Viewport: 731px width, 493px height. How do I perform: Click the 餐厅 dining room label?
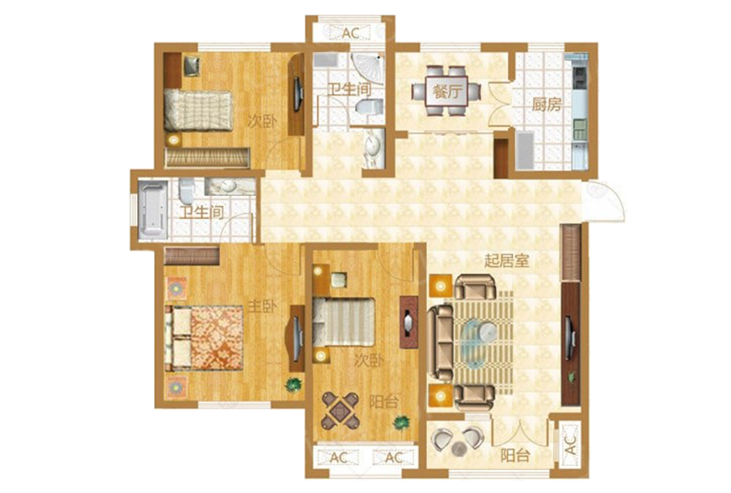tap(447, 91)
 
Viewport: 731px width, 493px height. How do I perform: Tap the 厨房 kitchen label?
tap(546, 104)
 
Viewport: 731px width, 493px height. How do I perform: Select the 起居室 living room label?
tap(506, 260)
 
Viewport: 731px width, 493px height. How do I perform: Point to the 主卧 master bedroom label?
tap(262, 307)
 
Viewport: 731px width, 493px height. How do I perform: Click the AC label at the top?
tap(350, 33)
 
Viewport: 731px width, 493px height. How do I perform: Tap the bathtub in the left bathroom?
tap(153, 210)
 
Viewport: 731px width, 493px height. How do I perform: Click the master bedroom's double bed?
tap(203, 338)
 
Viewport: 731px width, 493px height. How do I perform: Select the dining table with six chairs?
tap(446, 91)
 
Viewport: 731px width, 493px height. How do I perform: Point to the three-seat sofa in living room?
tap(440, 341)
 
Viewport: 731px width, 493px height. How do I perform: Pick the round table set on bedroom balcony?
tap(341, 410)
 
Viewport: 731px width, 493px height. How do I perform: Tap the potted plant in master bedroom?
tap(293, 384)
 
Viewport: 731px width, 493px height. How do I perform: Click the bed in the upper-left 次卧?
tap(198, 111)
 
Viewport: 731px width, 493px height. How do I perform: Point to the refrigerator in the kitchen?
tap(525, 150)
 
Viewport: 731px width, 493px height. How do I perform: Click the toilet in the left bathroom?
tap(186, 191)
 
